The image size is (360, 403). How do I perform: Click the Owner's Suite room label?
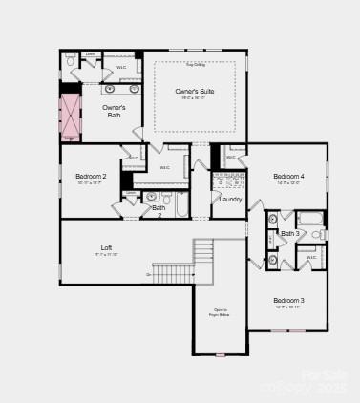[x=194, y=92]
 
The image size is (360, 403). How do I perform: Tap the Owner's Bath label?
[x=115, y=111]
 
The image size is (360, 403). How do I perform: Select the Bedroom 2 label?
[x=92, y=177]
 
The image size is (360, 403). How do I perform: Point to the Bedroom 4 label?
[x=288, y=177]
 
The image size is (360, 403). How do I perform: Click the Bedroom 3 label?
[x=288, y=301]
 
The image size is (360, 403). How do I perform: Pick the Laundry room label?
[x=230, y=200]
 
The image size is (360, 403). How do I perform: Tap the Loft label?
[x=106, y=248]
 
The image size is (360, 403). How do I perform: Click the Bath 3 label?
[x=289, y=234]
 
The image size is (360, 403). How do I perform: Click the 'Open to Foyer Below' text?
[x=220, y=311]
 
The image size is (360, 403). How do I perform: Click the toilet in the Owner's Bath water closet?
[x=70, y=61]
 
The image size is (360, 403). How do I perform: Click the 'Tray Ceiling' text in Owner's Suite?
[x=195, y=65]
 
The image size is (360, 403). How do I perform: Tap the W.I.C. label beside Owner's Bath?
[x=121, y=68]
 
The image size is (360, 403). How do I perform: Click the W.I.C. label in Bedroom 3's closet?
[x=311, y=257]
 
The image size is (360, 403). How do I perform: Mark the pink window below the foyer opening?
[x=220, y=354]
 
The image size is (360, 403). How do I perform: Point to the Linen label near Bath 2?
[x=130, y=193]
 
